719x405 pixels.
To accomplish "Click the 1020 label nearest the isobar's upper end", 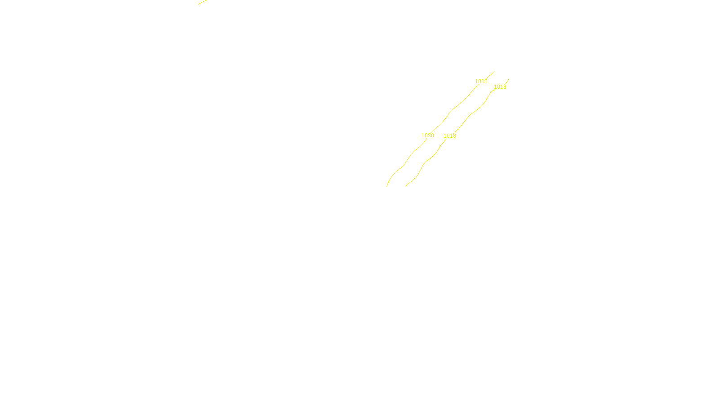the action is (x=481, y=81).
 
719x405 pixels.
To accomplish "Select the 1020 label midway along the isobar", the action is (x=427, y=135).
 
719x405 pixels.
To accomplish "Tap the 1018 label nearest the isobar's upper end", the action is (x=500, y=87).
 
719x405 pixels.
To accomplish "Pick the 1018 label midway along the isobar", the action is (x=449, y=136).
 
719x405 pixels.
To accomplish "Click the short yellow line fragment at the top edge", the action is (x=202, y=2).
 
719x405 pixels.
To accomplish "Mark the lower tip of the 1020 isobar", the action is (x=387, y=186).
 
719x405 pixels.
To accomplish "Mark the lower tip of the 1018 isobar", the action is (x=406, y=186).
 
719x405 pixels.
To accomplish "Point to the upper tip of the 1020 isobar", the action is (x=494, y=71).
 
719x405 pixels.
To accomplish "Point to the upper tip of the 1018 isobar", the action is (x=509, y=79).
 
